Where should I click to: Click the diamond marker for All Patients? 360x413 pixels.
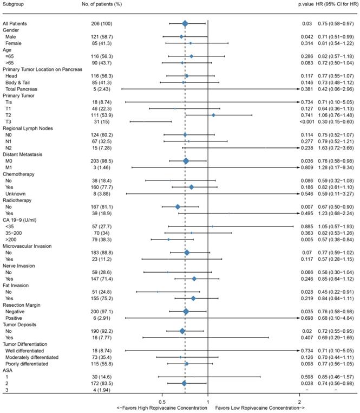point(185,23)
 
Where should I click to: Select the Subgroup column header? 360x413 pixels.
point(14,4)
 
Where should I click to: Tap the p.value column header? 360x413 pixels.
point(306,4)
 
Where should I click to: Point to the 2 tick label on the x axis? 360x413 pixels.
point(299,401)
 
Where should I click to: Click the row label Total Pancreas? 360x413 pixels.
point(21,89)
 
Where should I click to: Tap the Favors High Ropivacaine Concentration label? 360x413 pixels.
point(162,408)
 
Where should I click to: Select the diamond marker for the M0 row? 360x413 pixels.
point(186,161)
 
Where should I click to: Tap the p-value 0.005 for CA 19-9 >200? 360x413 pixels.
point(306,239)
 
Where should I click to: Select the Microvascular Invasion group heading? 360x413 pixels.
point(28,246)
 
